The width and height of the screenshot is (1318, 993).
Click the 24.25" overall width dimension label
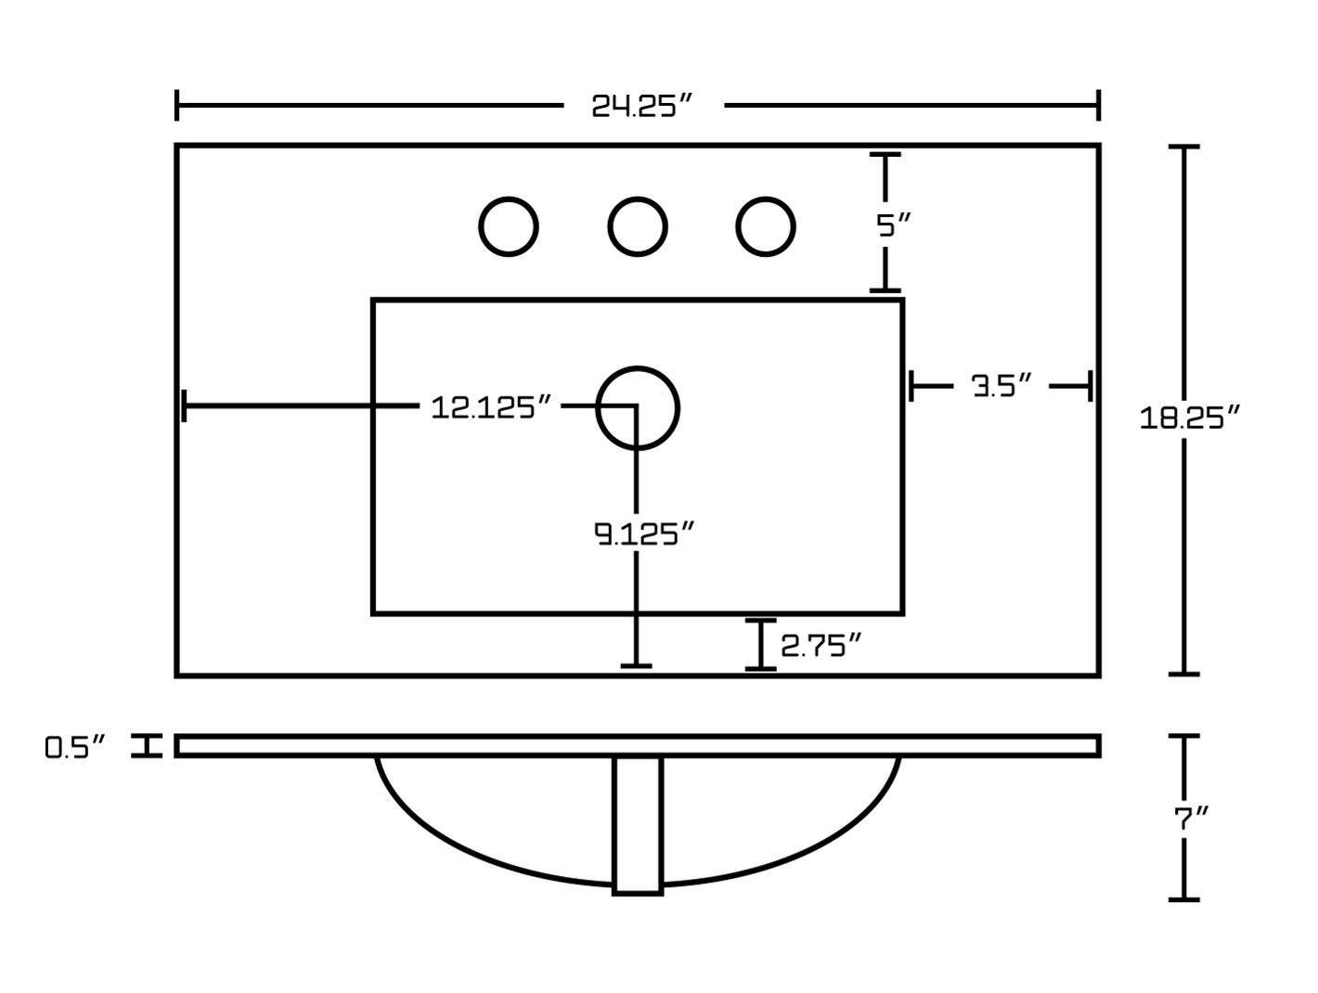[641, 106]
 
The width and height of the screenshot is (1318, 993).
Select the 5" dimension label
[893, 225]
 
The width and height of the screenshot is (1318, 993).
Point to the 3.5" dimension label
[1001, 385]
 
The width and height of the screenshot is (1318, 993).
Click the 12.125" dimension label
[491, 407]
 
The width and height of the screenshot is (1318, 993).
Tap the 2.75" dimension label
[821, 645]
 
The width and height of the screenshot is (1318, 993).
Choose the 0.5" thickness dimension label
[74, 747]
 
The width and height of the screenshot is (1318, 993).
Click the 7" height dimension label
[1191, 819]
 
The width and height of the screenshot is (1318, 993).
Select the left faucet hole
[508, 226]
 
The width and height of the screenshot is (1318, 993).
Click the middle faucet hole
[637, 226]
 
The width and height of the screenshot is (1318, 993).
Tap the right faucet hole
[765, 226]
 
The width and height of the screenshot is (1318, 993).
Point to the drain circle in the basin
[637, 407]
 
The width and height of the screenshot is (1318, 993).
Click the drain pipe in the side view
[637, 826]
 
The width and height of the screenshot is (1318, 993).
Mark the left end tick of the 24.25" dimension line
[176, 105]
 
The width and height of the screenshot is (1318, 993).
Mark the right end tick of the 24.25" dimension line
[1098, 105]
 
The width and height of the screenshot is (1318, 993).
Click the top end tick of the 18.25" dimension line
[1183, 147]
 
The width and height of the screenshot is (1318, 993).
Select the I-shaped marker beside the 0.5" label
[147, 745]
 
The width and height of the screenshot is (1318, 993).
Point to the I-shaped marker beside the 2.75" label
[760, 645]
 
